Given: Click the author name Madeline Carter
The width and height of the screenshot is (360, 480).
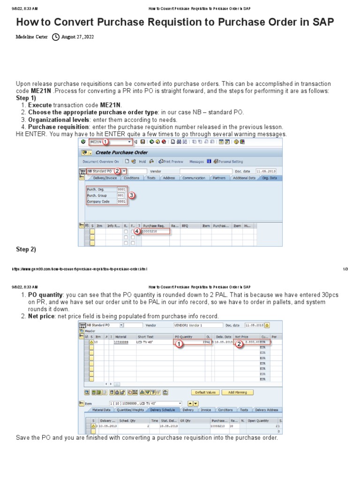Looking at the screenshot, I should click(x=32, y=37).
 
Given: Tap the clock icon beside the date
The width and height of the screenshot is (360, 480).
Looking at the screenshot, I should click(x=56, y=37).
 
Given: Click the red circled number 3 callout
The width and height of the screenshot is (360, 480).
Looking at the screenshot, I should click(x=132, y=195).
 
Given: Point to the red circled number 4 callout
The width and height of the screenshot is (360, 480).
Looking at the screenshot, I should click(x=136, y=231).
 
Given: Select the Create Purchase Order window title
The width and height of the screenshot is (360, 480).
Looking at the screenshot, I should click(x=121, y=152).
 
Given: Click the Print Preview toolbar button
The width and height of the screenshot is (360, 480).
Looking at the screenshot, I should click(x=171, y=162).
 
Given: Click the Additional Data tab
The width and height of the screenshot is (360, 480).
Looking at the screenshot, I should click(x=244, y=178).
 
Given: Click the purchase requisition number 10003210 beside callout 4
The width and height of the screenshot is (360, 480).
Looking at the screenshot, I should click(x=150, y=231).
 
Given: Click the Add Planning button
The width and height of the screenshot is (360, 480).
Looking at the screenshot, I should click(x=237, y=392).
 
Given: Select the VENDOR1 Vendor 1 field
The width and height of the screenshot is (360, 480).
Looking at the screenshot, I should click(x=195, y=325).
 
